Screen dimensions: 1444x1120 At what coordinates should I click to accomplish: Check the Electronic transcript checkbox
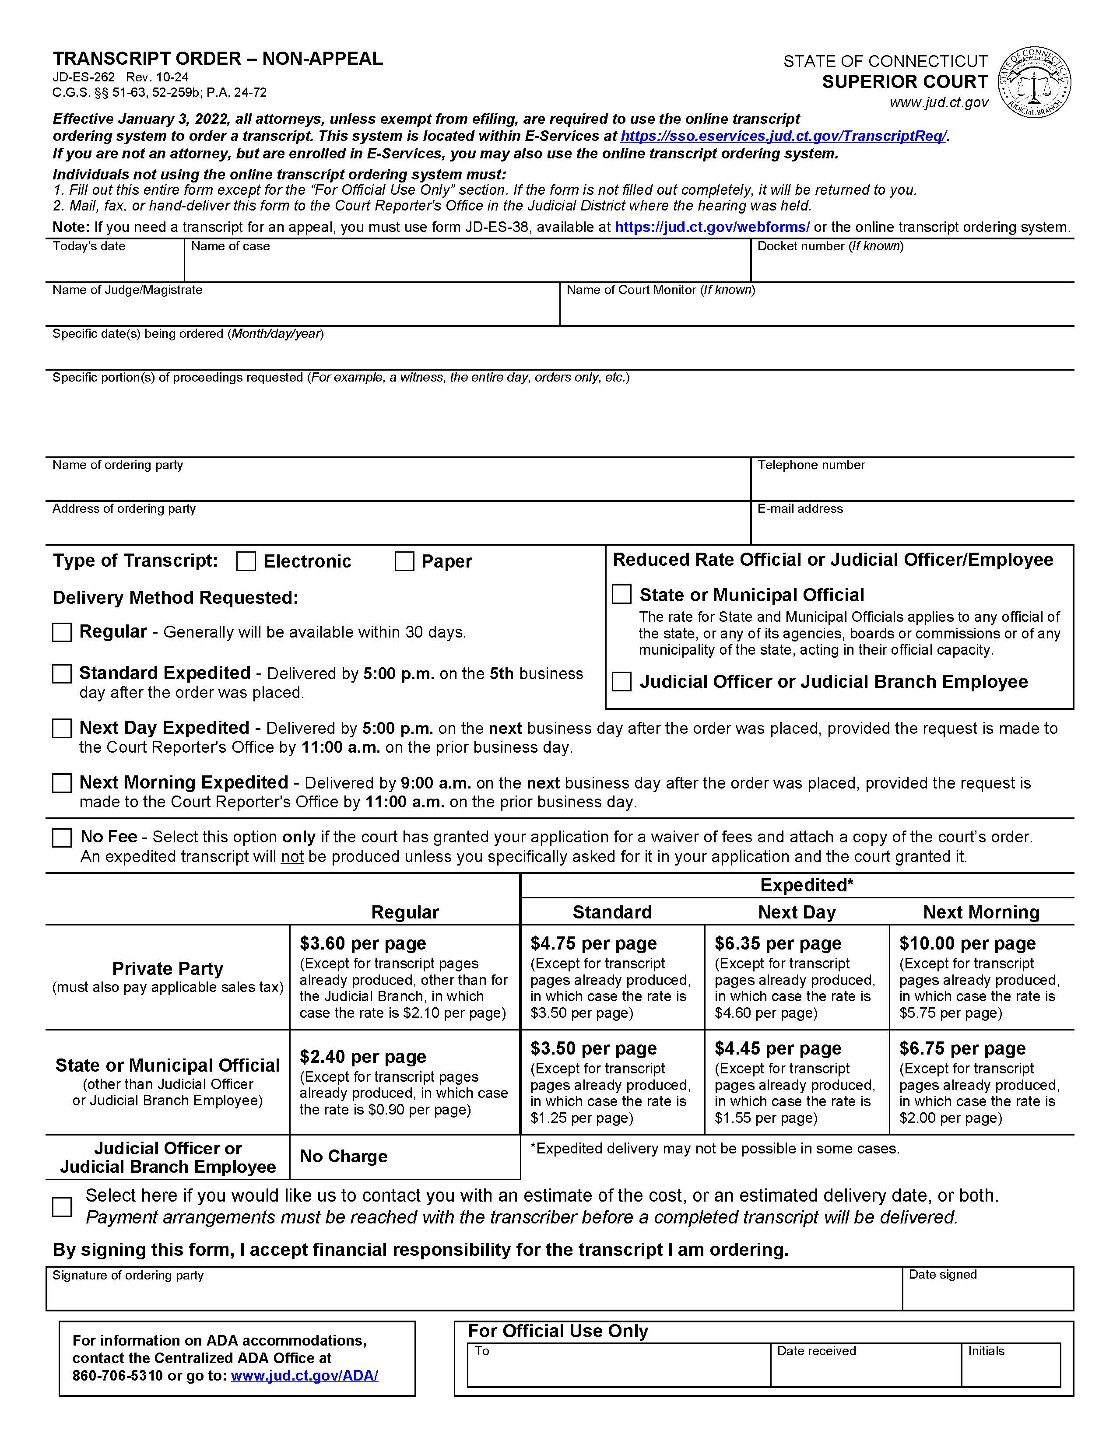246,561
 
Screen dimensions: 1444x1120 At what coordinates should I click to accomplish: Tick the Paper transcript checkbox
404,561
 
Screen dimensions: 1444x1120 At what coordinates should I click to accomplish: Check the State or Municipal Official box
621,594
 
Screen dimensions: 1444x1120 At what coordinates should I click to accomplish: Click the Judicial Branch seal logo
1034,83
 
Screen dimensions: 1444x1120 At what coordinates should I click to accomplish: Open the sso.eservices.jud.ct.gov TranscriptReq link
783,136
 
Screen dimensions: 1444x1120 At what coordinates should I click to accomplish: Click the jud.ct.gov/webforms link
712,228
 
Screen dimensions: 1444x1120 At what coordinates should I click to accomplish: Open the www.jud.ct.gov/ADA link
304,1376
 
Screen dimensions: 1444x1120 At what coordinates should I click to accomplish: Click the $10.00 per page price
967,943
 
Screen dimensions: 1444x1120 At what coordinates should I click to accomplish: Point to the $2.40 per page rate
362,1057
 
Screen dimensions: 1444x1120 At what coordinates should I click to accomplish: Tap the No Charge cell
344,1157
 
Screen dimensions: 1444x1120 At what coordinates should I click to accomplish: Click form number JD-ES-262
84,77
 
